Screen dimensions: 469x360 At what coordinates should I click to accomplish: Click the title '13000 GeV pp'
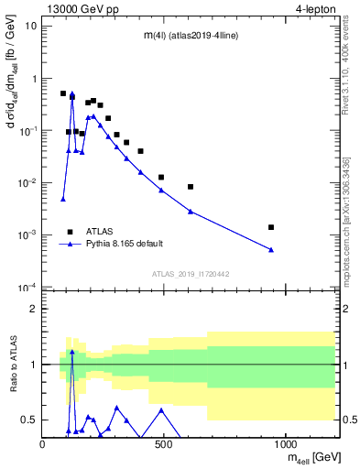click(x=78, y=8)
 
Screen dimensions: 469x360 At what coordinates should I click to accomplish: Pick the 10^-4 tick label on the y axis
click(x=27, y=288)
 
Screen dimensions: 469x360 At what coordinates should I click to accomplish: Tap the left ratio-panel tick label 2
click(x=34, y=310)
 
